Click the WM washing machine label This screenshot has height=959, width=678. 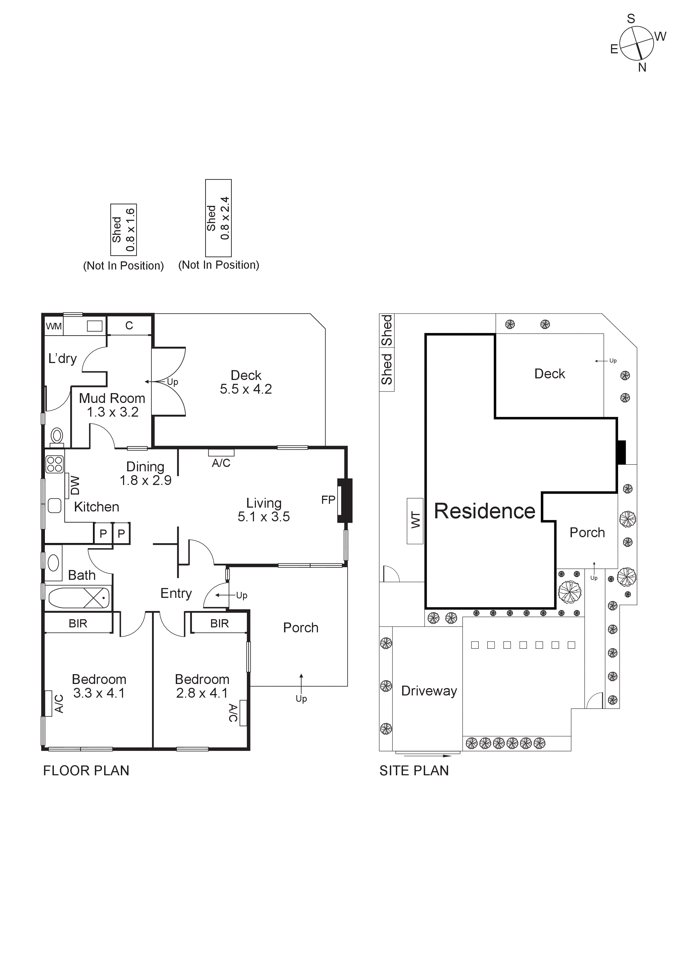54,326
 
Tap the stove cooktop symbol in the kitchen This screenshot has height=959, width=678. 54,464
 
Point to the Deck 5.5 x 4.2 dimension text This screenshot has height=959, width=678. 246,389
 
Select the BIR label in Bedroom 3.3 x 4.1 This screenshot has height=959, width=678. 78,624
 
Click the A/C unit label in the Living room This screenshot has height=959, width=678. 221,463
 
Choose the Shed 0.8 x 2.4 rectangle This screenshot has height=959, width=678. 218,218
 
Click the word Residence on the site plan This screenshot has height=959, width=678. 484,511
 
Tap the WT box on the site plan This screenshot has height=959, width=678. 415,521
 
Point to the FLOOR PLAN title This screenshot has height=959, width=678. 86,771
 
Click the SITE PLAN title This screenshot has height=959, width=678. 414,771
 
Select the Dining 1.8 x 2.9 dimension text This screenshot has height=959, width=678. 145,480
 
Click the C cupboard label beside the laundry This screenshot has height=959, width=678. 129,325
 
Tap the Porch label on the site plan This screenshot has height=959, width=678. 587,533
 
